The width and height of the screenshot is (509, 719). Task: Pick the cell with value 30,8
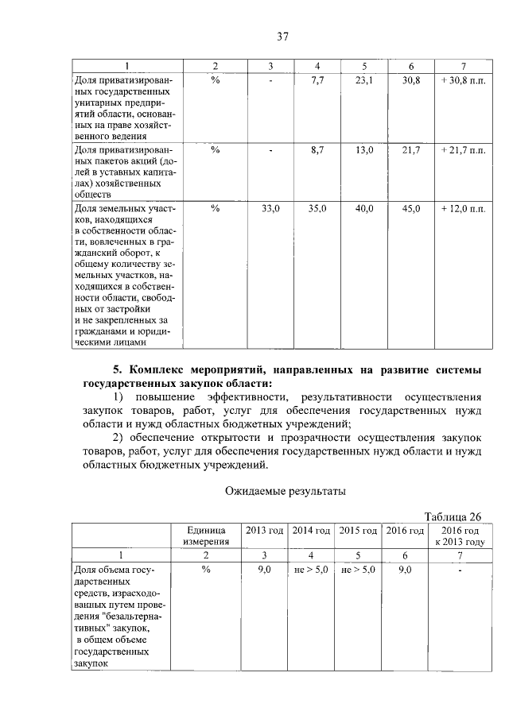(410, 80)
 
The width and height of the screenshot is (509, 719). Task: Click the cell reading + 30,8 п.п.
(462, 80)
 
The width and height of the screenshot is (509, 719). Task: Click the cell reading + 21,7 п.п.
(462, 149)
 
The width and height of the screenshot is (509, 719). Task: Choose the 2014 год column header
(311, 529)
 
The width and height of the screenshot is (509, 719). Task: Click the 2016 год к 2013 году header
(460, 535)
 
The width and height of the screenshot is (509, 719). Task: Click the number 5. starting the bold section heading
(119, 369)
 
